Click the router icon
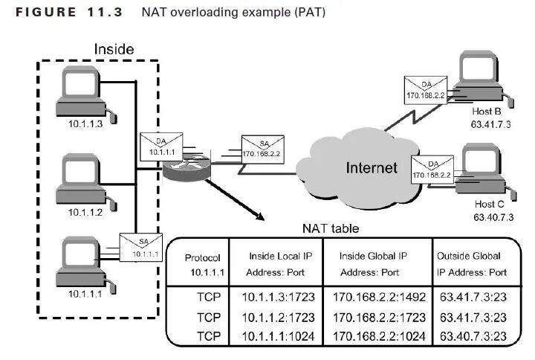(x=187, y=167)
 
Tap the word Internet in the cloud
(x=372, y=167)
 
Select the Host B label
(x=487, y=112)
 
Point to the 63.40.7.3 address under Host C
(x=493, y=217)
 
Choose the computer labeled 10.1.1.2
(x=85, y=181)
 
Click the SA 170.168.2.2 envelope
(x=263, y=149)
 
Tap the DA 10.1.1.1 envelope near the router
(x=161, y=147)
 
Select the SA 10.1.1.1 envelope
(x=141, y=247)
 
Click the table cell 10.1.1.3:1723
(x=278, y=298)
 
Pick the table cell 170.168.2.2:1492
(x=379, y=298)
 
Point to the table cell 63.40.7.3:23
(x=473, y=336)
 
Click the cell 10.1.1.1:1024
(x=278, y=336)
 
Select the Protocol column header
(x=202, y=258)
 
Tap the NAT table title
(x=331, y=228)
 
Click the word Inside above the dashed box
(x=114, y=49)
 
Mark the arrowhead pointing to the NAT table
(x=260, y=217)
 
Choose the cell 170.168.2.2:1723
(x=379, y=318)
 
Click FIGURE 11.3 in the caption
(x=69, y=13)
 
